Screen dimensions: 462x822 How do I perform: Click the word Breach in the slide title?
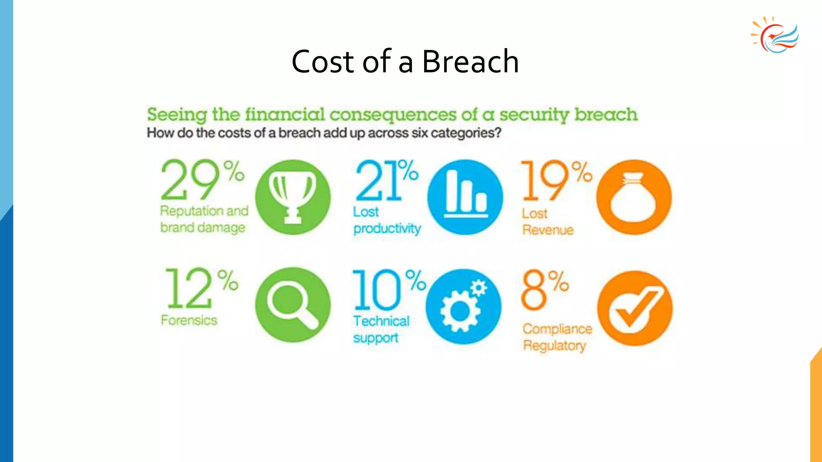pos(470,61)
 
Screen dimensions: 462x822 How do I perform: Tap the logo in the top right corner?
pos(775,35)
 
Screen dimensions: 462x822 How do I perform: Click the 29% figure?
pos(202,180)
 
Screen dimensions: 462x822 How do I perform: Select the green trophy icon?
pos(293,197)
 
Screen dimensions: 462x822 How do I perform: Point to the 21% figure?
pos(386,180)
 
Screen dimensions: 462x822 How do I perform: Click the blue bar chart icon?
pos(465,197)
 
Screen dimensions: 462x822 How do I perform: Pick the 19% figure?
pos(556,180)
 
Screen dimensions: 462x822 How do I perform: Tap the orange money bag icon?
pos(633,197)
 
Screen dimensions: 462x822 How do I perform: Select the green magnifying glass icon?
pos(293,305)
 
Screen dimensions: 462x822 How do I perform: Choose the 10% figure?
pos(388,290)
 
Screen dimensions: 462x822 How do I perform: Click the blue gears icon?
pos(464,306)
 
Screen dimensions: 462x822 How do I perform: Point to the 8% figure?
pos(545,290)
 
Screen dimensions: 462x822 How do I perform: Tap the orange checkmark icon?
pos(635,308)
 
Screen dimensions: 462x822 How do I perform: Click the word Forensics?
pos(189,320)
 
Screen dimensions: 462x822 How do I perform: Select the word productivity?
pos(387,229)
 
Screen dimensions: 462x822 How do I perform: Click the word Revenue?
pos(548,230)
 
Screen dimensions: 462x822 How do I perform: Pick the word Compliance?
pos(557,329)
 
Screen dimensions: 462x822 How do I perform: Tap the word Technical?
pos(381,321)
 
